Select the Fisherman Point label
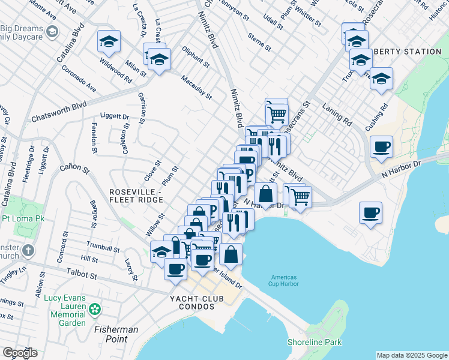click(x=116, y=334)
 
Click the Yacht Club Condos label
click(x=189, y=301)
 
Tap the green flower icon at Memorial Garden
click(x=94, y=310)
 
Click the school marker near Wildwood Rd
click(x=109, y=41)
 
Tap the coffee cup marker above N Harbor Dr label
click(x=381, y=146)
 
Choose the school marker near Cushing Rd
click(x=381, y=79)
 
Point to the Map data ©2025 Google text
click(x=412, y=355)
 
